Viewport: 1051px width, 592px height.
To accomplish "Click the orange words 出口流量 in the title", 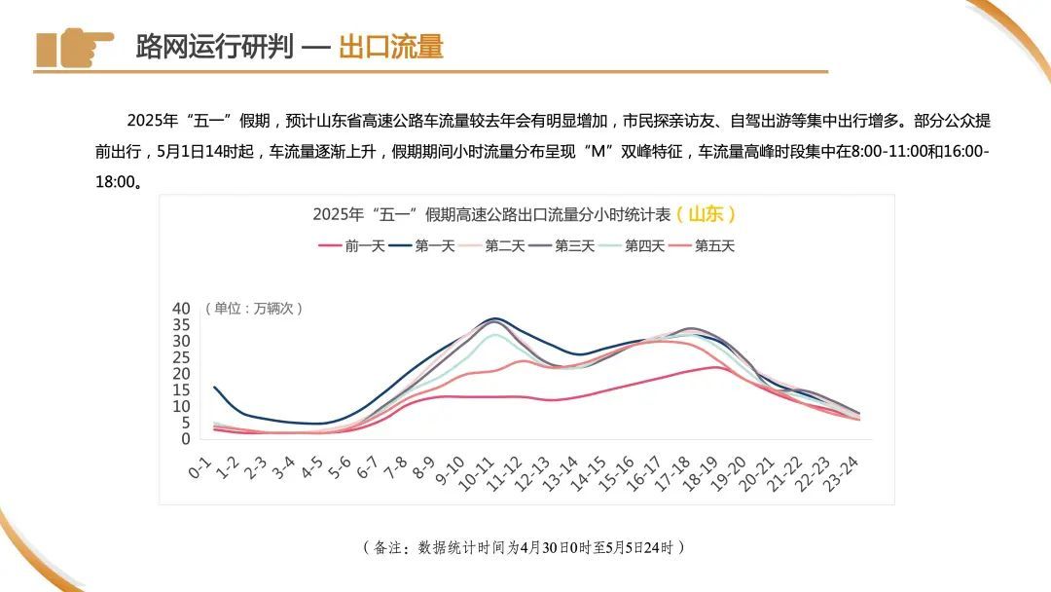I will click(390, 46).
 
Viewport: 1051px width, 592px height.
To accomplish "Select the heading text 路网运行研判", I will click(214, 46).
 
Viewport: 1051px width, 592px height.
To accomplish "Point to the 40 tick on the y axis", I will click(181, 309).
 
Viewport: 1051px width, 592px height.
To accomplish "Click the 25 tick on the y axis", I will click(181, 357).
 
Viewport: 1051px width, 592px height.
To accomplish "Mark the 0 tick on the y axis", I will click(185, 439).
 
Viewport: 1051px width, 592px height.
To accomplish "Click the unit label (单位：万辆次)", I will click(254, 309).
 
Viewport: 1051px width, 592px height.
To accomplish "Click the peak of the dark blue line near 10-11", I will click(495, 318).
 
